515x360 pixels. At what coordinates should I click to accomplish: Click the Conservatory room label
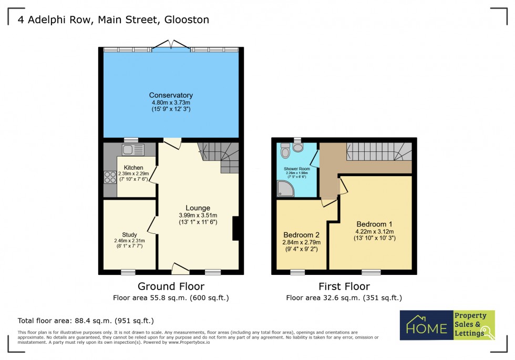point(171,95)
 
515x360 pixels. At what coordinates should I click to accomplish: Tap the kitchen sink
point(133,150)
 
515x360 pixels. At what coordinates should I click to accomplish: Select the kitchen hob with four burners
point(110,177)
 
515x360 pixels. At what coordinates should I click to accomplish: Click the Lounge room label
point(198,208)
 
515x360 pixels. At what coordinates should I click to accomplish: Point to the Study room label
point(129,234)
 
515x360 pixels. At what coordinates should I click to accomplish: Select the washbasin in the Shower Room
point(298,148)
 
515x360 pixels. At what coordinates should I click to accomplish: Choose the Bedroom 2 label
point(301,234)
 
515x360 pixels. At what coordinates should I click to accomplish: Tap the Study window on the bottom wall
point(128,272)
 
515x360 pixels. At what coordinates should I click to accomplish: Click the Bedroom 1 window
point(371,272)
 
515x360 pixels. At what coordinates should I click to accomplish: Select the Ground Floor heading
point(171,286)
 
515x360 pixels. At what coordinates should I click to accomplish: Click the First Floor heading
point(344,286)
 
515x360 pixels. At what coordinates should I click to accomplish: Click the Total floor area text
point(86,320)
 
